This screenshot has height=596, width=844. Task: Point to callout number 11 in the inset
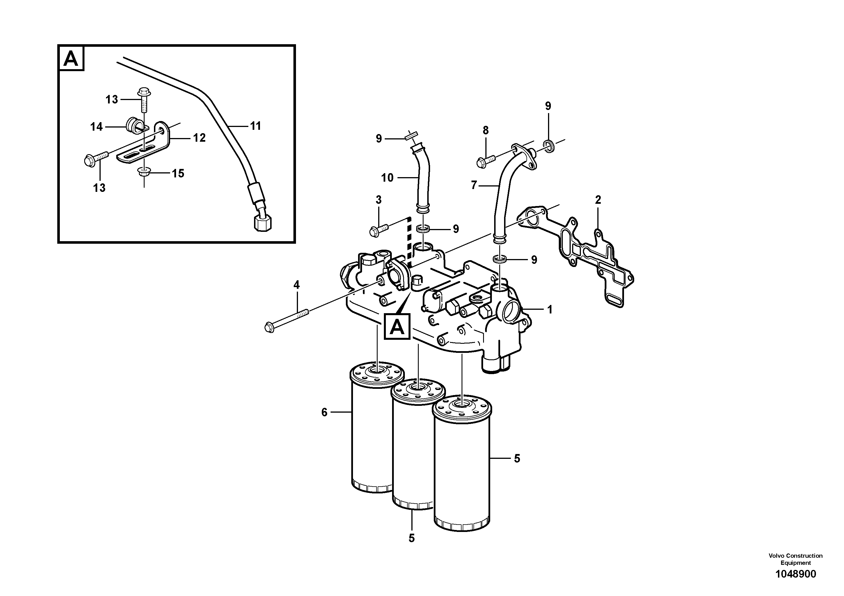coord(255,126)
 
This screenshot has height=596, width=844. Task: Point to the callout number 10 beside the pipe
coord(387,178)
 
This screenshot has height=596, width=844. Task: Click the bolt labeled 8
coord(485,161)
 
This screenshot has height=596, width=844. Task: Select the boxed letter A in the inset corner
coord(71,58)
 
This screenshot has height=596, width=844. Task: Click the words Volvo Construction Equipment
coord(796,559)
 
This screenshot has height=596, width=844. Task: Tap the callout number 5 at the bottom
coord(411,538)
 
